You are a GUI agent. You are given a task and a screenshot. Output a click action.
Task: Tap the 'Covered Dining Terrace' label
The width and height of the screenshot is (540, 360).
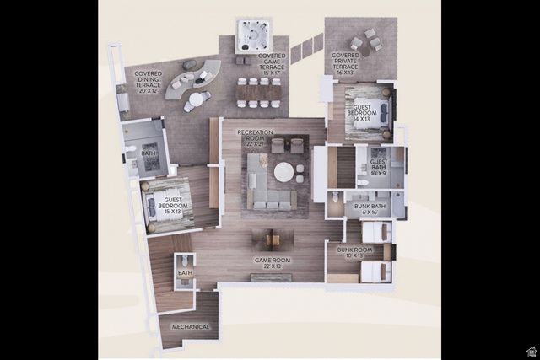coord(148,79)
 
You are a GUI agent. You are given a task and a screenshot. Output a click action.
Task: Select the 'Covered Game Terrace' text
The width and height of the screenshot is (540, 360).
coord(273,63)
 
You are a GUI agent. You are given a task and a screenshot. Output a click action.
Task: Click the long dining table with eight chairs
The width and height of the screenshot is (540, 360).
coord(259,92)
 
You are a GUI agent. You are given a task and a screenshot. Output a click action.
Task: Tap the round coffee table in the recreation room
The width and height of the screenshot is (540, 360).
coord(283,172)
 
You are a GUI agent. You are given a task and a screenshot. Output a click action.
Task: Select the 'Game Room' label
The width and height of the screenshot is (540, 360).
coord(272,264)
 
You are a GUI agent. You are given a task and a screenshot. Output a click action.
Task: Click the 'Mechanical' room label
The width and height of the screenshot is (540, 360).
coord(191,326)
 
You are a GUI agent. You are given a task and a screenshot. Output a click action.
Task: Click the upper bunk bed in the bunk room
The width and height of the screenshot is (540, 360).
coord(376,231)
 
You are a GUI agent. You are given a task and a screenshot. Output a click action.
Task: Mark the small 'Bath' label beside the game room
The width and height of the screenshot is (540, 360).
coord(186,272)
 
